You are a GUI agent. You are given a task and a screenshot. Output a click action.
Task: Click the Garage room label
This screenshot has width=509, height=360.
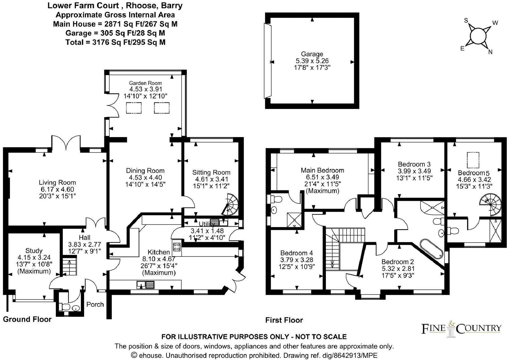click(x=312, y=54)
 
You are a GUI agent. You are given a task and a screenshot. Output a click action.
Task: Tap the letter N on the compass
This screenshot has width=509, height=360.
click(x=490, y=52)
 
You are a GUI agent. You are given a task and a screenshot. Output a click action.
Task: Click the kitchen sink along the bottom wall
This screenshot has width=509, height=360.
click(x=146, y=285)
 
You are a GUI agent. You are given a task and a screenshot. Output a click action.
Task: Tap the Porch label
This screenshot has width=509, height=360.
click(x=95, y=304)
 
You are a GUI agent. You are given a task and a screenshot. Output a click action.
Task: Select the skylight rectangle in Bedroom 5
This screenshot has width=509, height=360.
click(x=473, y=160)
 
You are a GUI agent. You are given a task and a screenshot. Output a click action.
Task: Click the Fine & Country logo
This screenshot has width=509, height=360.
click(x=461, y=328)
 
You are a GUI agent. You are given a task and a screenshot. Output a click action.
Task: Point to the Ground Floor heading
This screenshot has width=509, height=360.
click(x=27, y=319)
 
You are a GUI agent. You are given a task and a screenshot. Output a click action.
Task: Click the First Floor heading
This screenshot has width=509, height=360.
click(x=284, y=320)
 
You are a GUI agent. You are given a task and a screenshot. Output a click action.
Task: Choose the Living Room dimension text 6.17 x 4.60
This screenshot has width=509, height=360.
click(x=57, y=189)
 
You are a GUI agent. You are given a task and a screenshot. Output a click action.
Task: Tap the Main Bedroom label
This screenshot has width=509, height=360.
click(x=322, y=170)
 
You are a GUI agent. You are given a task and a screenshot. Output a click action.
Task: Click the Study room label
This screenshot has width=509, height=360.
click(x=34, y=251)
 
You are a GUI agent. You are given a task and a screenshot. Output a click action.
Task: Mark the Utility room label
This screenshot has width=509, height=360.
click(x=207, y=224)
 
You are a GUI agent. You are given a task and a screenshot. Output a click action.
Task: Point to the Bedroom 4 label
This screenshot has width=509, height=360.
click(x=297, y=253)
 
